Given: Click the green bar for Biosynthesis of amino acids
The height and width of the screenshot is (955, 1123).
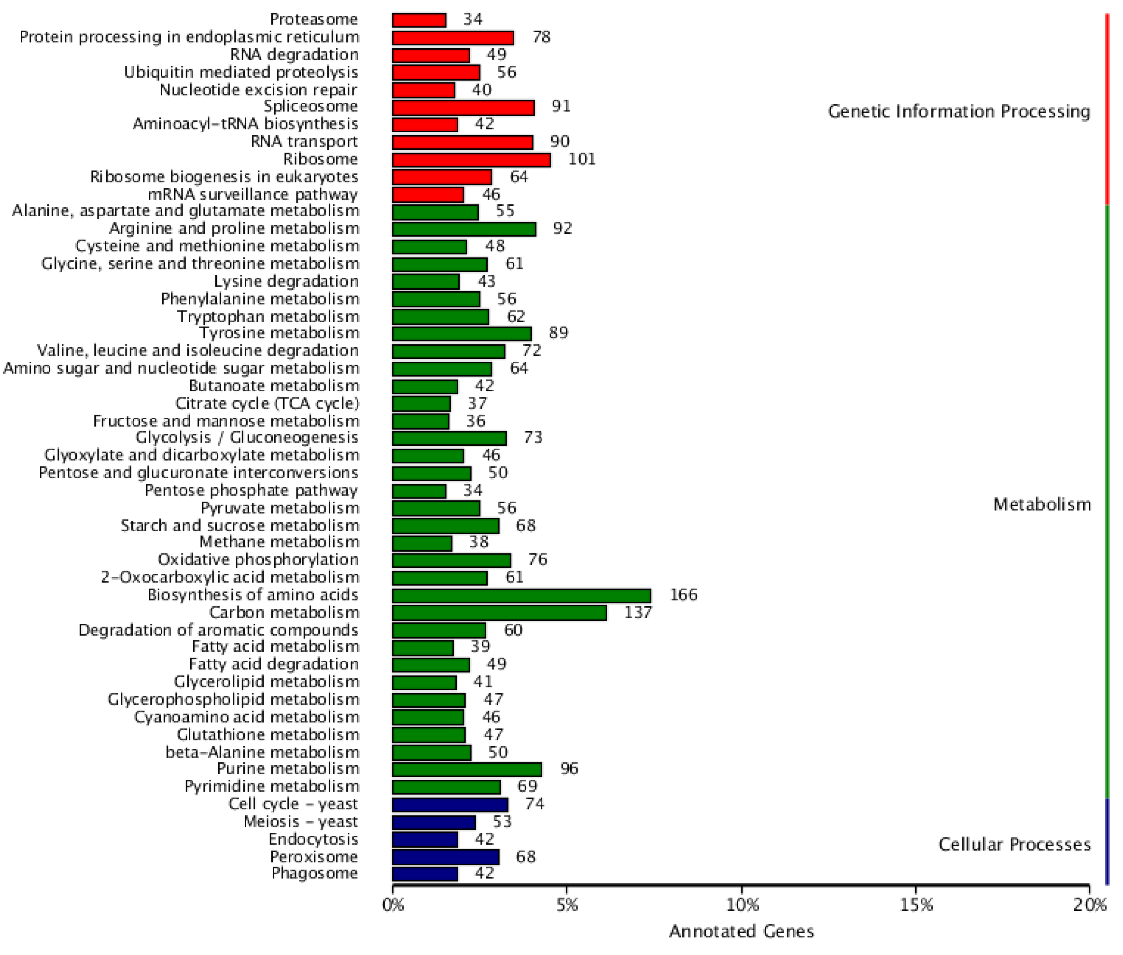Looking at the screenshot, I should [521, 596].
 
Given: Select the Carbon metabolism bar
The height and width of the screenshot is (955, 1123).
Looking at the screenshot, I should [499, 613].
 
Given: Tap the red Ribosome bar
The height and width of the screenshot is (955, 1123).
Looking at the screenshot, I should [471, 160].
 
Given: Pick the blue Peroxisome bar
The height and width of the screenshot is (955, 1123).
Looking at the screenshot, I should [445, 857].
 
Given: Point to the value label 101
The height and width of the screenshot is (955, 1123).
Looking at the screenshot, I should [581, 159].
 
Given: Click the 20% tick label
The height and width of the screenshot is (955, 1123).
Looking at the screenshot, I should [1089, 905].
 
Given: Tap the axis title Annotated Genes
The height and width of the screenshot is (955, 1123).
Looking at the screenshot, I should [741, 931].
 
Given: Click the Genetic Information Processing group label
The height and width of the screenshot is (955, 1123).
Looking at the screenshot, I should [958, 112].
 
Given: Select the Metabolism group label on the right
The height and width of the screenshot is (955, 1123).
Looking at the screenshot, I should [1041, 505].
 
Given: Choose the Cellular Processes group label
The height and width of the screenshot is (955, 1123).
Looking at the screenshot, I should [1014, 845].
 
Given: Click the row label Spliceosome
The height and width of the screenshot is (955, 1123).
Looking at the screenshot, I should [310, 106].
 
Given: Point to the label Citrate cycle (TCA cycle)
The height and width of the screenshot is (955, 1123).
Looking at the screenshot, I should [267, 403].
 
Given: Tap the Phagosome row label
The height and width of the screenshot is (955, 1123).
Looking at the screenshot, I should [314, 873].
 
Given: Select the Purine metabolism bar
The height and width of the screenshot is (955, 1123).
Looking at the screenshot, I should [466, 769].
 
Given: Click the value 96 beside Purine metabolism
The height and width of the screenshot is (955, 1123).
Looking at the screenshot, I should [569, 769].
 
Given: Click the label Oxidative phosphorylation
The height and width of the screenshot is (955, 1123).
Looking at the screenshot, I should [258, 559].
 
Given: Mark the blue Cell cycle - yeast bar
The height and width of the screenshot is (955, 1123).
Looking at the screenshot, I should [450, 804].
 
